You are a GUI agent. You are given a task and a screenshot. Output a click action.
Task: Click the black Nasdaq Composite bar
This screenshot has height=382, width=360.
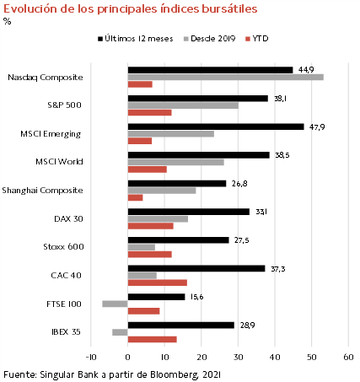point(210,70)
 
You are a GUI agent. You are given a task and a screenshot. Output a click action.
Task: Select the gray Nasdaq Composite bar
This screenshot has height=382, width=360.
point(226,77)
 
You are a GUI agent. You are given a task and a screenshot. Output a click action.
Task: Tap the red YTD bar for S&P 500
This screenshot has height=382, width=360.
point(150,113)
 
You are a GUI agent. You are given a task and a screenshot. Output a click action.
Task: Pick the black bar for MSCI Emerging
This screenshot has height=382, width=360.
point(216,126)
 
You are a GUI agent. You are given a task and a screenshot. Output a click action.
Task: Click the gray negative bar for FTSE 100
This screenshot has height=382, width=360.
point(115,304)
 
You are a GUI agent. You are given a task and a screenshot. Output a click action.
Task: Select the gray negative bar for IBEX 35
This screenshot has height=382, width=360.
point(120,332)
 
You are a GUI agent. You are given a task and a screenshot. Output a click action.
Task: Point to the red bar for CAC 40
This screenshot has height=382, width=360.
point(158,282)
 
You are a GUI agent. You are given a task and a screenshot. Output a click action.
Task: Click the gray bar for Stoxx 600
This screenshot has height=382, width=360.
point(142,247)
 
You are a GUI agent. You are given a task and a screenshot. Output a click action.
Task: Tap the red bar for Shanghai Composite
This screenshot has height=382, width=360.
point(135,198)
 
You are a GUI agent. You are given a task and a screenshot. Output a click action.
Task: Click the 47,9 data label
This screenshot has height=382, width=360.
point(317,127)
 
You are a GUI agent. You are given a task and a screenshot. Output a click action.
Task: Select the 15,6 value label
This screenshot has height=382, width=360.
point(196,297)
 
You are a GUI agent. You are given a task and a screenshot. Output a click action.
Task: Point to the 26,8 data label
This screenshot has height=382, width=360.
point(239,184)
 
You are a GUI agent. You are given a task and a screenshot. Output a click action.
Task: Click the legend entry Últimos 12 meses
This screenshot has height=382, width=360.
point(136,39)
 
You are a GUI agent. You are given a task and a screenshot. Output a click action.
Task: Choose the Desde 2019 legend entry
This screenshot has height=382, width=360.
point(209,39)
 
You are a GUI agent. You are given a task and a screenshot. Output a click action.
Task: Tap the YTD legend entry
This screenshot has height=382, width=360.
point(257,39)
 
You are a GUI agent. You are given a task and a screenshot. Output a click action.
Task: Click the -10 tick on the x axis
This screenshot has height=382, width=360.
point(91,357)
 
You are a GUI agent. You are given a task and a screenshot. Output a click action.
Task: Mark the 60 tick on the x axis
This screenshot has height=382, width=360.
point(348,357)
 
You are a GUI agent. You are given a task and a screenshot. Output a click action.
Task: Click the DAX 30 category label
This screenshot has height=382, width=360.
point(68,218)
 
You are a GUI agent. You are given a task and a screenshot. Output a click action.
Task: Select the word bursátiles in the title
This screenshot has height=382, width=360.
point(229,9)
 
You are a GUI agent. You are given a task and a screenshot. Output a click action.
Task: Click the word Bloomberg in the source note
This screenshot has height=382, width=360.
point(175,374)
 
